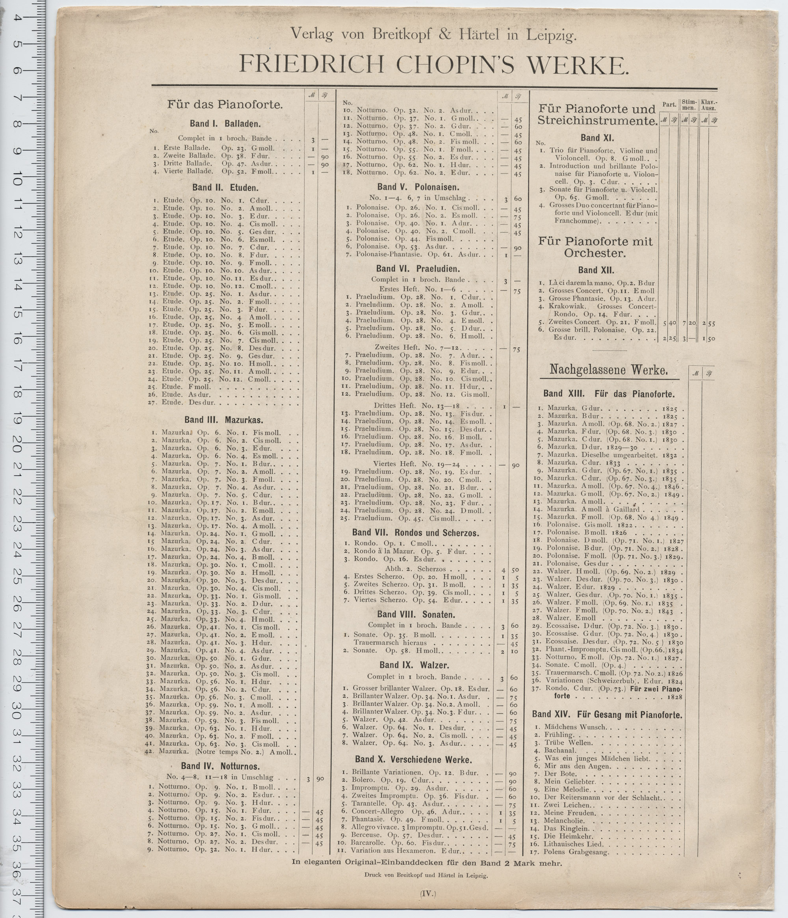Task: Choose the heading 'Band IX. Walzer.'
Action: click(x=414, y=665)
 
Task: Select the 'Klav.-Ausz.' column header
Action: click(x=708, y=105)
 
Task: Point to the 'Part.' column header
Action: click(x=669, y=105)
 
